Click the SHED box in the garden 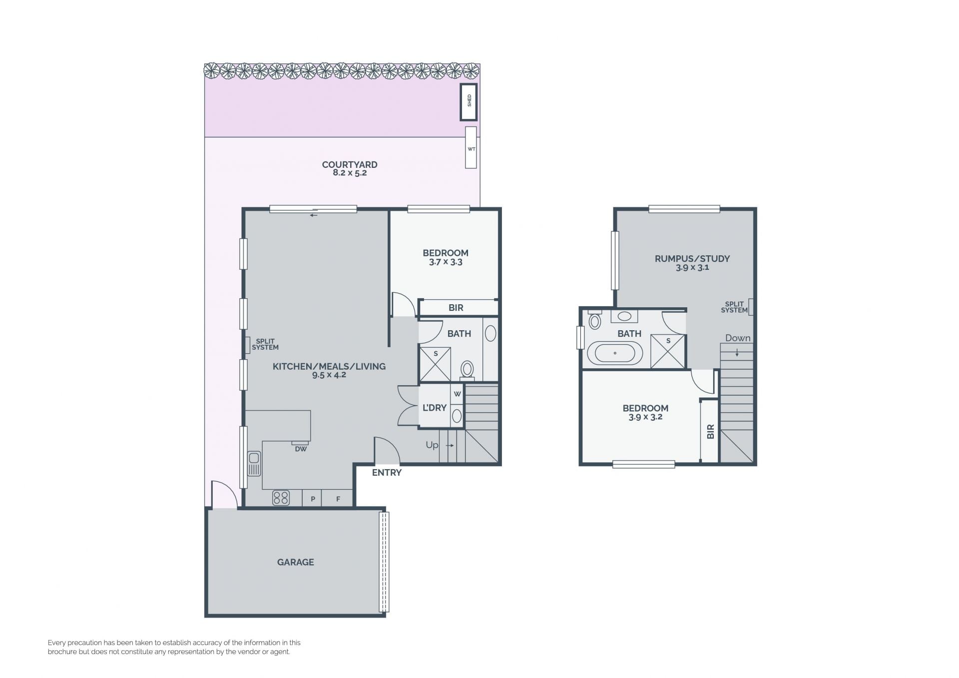(x=469, y=102)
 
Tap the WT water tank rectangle (x=471, y=147)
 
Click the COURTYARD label (x=350, y=164)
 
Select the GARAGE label (x=296, y=562)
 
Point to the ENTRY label (x=387, y=472)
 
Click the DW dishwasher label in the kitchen (x=301, y=449)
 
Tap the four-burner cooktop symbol (x=281, y=498)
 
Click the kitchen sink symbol (x=254, y=464)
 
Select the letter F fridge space (x=338, y=499)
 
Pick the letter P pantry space (x=313, y=499)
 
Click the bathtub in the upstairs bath (x=615, y=353)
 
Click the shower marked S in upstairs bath (x=668, y=351)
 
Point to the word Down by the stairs (x=738, y=338)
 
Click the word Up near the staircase (x=432, y=445)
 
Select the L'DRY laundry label (x=435, y=408)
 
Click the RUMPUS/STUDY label (x=692, y=258)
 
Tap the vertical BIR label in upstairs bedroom (x=710, y=432)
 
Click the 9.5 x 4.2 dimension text (x=329, y=375)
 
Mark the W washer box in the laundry (x=457, y=394)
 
